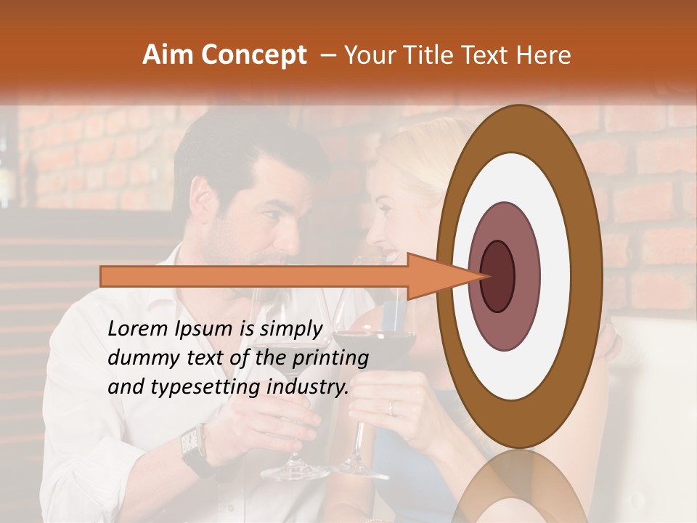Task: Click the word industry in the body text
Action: click(304, 386)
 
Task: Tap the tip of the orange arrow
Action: click(484, 276)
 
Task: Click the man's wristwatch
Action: click(192, 443)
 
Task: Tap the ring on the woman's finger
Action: click(390, 408)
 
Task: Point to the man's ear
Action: click(203, 211)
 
